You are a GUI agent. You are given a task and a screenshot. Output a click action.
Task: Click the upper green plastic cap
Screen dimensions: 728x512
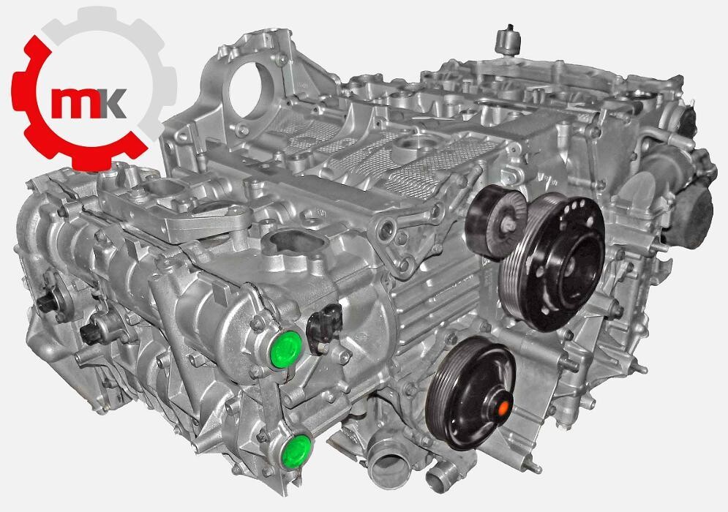pos(285,350)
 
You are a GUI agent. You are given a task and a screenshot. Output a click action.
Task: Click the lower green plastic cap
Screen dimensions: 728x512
pos(297,451)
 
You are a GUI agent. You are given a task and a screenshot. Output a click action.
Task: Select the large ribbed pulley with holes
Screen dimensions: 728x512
pos(552,263)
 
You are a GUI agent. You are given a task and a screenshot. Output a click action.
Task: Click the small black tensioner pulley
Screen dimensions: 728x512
pos(495,222)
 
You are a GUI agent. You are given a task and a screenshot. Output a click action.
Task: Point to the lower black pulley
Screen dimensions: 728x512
pos(470,394)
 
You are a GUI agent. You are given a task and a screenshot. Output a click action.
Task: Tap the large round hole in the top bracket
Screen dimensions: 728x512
pos(253,90)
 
